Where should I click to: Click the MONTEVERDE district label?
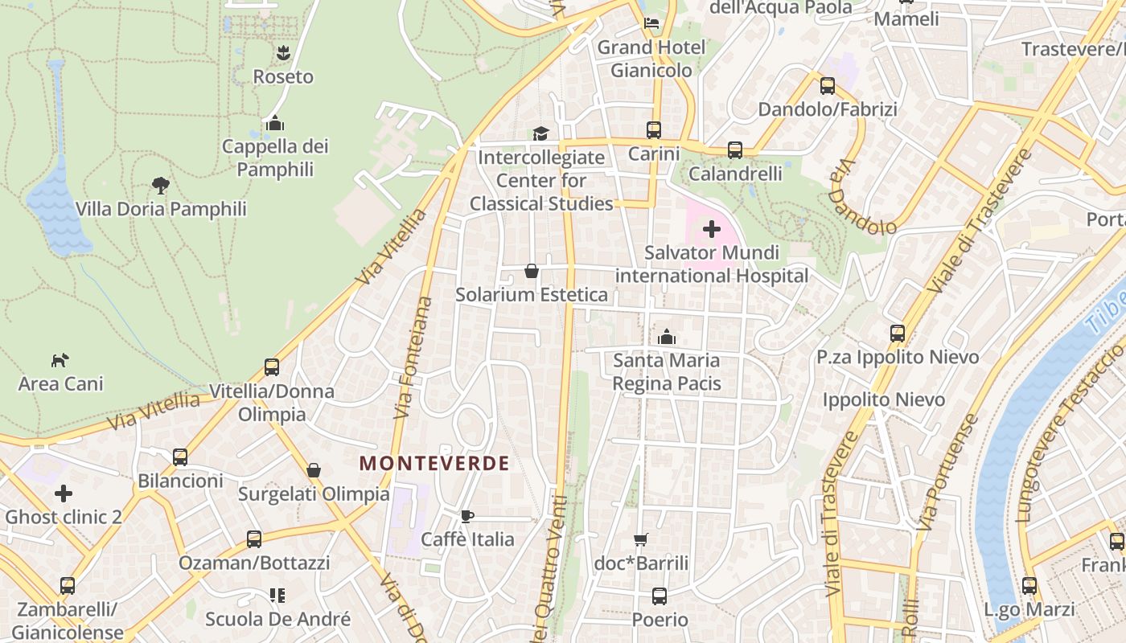tap(434, 464)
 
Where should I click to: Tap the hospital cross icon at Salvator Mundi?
tap(711, 230)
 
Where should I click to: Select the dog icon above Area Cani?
tap(60, 360)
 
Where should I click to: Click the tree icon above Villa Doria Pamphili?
tap(161, 186)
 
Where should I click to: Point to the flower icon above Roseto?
tap(283, 53)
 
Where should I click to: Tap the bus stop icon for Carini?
tap(654, 129)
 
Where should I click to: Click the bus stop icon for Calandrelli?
tap(735, 150)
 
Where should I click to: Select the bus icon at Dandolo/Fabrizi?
tap(828, 86)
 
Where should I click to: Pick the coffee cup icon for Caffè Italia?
tap(467, 516)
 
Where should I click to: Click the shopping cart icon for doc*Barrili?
tap(641, 540)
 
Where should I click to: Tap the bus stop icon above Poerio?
tap(660, 596)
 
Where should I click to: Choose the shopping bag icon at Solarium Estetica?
tap(532, 271)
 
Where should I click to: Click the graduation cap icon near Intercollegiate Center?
tap(541, 133)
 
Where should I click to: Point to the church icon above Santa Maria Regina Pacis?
tap(667, 337)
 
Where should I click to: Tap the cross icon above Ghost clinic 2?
tap(64, 494)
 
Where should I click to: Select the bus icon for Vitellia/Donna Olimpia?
tap(272, 367)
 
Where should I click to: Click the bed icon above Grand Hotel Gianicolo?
tap(652, 23)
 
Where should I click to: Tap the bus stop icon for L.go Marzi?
tap(1029, 586)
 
